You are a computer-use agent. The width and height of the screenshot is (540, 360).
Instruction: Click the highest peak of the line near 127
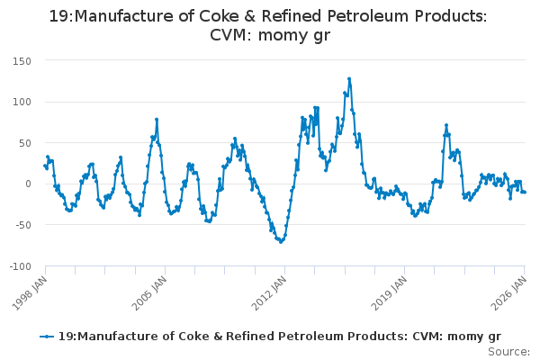349,79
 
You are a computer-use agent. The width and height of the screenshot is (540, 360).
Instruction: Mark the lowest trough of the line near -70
281,241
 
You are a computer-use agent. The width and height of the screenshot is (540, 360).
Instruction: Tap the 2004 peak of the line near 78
157,119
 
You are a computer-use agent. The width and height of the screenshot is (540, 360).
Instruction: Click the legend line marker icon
47,336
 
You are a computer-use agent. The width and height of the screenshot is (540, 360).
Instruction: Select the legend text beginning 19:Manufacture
279,336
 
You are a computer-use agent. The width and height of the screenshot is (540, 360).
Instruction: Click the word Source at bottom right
509,351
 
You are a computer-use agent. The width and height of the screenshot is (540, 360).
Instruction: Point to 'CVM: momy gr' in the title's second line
269,36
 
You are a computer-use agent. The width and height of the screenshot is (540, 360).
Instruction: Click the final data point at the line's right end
525,192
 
